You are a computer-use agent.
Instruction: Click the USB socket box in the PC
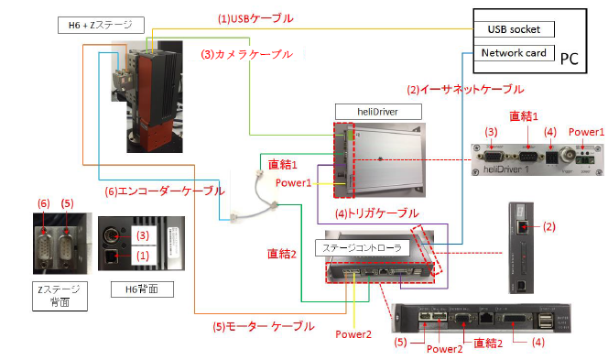pos(514,29)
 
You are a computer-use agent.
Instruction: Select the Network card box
pos(514,52)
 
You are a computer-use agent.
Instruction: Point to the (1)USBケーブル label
pos(255,18)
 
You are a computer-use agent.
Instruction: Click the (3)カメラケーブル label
pos(248,54)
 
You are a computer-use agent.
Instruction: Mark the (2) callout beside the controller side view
pos(549,224)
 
